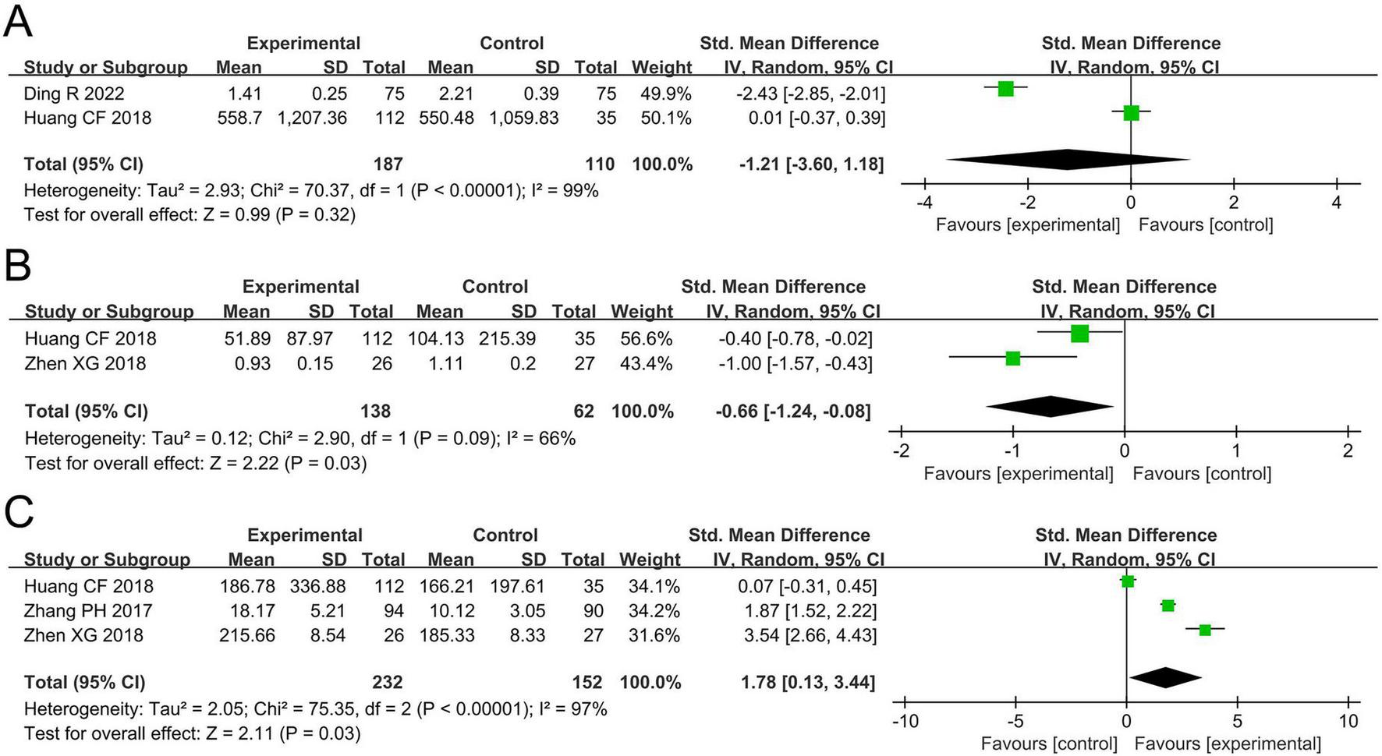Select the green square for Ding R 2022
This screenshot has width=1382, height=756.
point(1005,88)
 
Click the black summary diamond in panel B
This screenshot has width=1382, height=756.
point(1051,407)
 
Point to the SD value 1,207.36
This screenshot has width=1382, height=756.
point(313,118)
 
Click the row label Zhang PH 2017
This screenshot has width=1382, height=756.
point(88,610)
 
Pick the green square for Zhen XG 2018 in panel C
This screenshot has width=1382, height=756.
point(1205,629)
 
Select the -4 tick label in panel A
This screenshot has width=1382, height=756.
point(924,203)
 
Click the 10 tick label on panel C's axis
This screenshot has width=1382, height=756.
point(1348,721)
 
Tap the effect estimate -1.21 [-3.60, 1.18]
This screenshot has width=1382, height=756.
point(812,164)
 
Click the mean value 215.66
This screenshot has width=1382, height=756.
point(247,635)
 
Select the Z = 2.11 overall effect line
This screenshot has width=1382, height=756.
point(193,733)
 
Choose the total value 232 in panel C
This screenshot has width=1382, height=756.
point(387,682)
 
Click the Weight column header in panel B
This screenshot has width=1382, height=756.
point(641,311)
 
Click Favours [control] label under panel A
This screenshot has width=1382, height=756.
point(1206,225)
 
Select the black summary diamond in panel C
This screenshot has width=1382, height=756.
point(1165,678)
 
